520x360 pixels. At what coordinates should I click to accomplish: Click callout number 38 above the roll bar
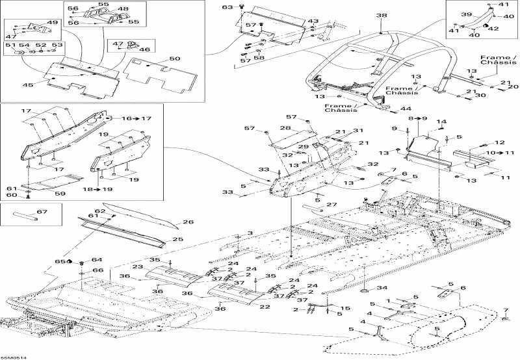click(381, 15)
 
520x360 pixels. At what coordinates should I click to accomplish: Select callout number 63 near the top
click(227, 7)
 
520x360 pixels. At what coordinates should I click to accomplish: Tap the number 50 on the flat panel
click(174, 59)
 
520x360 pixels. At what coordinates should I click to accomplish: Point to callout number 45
click(29, 84)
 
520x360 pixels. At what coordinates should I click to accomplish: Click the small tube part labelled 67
click(29, 215)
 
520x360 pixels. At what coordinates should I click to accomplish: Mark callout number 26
click(188, 222)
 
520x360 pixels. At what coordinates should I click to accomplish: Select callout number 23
click(138, 266)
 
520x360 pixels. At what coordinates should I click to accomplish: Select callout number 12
click(500, 142)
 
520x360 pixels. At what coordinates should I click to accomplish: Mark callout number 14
click(441, 122)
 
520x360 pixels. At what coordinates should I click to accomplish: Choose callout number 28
click(285, 129)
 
